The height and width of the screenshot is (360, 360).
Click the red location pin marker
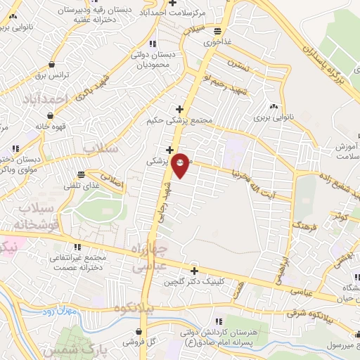point(181,165)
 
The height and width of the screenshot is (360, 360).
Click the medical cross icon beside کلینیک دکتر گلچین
point(194,271)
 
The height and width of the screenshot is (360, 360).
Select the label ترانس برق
point(49,75)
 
